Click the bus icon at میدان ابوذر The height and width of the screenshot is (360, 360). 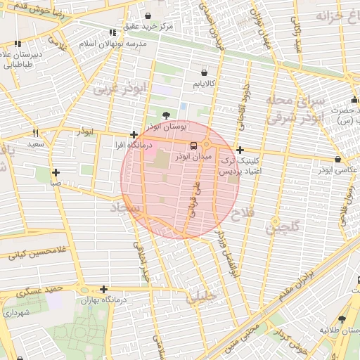[194, 146]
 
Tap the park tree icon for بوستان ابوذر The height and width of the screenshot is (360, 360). [165, 115]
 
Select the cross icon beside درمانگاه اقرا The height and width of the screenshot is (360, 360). [134, 134]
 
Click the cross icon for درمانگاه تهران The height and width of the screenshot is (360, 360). [103, 289]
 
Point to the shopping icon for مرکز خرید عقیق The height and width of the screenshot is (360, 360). [148, 15]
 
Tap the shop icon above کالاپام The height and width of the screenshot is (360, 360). [204, 72]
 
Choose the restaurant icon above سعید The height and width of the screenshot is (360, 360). [35, 133]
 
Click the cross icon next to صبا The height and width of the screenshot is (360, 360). [56, 172]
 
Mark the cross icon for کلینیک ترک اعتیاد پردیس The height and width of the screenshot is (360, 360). [240, 150]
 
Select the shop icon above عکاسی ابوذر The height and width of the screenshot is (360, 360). [337, 159]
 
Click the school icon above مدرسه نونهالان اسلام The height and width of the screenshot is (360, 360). [112, 32]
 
